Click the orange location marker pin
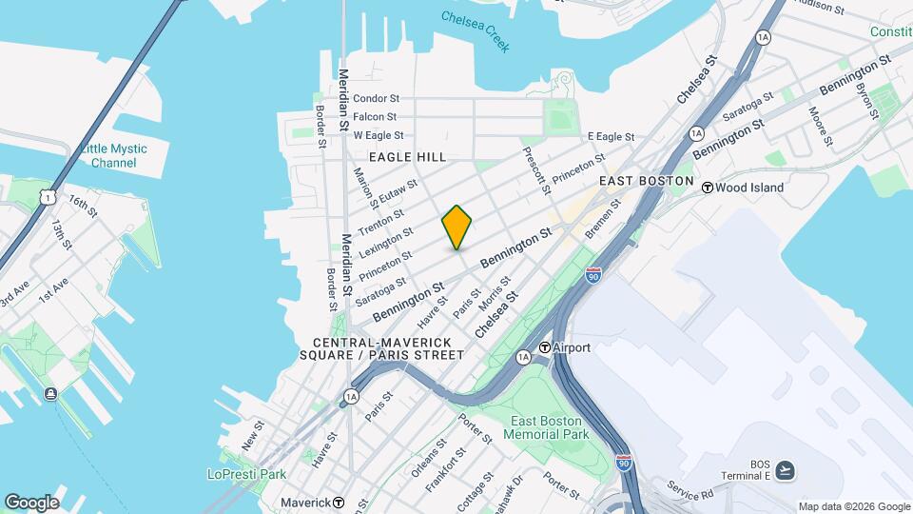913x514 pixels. pos(457,227)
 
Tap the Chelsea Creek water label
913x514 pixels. pos(476,30)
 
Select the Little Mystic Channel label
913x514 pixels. pos(113,155)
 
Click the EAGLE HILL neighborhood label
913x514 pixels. pos(407,157)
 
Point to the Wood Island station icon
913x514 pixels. pos(708,188)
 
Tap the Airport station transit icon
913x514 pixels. pos(546,347)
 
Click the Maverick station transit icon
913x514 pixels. pos(339,502)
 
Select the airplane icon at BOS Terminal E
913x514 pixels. pos(785,469)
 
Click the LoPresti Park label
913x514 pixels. pos(246,473)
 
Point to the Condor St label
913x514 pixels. pos(376,98)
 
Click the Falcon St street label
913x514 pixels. pos(375,117)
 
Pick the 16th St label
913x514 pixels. pos(83,206)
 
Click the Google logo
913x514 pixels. pos(31,503)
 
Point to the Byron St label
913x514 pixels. pos(866,100)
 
